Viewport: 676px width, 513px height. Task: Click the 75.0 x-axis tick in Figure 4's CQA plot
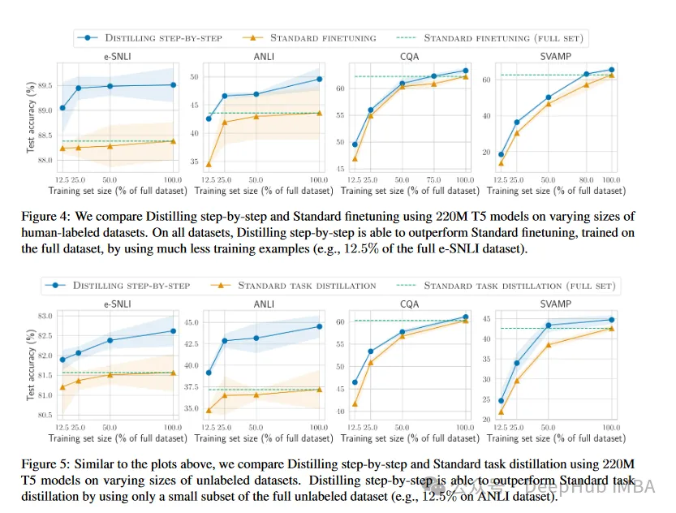(x=433, y=179)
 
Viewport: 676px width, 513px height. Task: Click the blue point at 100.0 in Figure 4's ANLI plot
(x=319, y=79)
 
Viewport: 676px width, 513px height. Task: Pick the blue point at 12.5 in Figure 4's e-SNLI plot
(x=62, y=108)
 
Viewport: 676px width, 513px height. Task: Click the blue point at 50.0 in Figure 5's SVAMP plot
(x=548, y=325)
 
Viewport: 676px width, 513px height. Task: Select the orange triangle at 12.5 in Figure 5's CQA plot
(x=355, y=403)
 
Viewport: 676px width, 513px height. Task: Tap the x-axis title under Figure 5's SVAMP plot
(x=558, y=439)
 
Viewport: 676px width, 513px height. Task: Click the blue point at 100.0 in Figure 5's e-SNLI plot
(x=172, y=330)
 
